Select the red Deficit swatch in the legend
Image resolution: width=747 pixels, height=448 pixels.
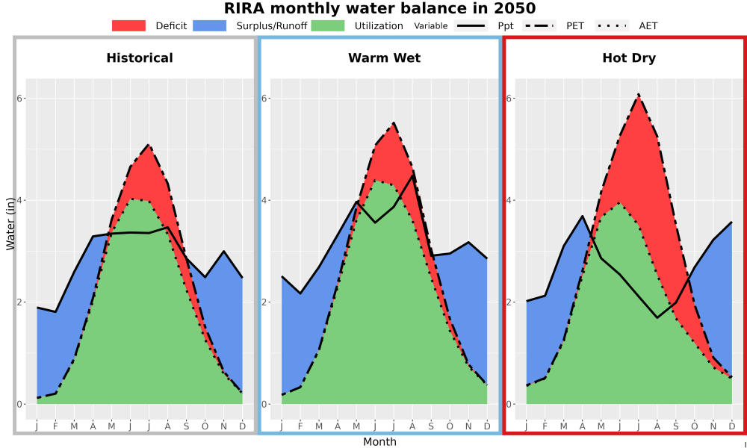click(128, 25)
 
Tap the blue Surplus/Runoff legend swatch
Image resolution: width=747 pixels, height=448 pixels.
click(209, 25)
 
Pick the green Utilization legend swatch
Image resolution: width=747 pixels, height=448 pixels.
click(327, 25)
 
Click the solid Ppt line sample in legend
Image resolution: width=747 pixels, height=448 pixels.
click(470, 25)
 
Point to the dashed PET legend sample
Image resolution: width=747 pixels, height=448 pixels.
click(539, 25)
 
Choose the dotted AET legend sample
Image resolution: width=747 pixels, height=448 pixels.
click(612, 25)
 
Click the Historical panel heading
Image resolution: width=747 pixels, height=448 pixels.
click(140, 58)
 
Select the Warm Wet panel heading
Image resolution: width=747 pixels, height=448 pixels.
click(385, 58)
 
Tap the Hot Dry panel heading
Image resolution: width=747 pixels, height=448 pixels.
click(629, 58)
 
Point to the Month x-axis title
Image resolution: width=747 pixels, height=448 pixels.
click(379, 442)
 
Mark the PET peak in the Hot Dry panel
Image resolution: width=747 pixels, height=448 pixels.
click(639, 94)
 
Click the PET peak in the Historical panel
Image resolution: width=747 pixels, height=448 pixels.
click(149, 144)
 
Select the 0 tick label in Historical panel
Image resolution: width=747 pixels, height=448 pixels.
click(19, 404)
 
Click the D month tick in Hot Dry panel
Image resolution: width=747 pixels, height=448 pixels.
click(732, 426)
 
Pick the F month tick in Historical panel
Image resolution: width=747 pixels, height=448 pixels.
click(55, 426)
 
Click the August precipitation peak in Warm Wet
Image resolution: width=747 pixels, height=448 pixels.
click(412, 175)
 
